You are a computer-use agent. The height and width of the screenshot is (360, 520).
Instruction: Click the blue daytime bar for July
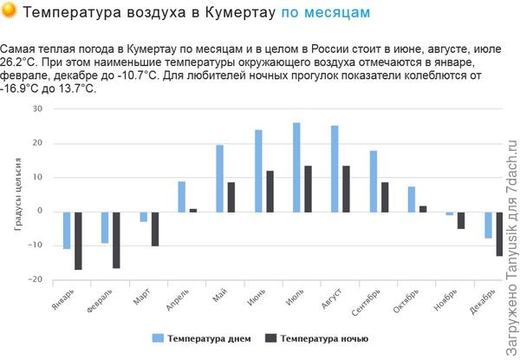(x=296, y=167)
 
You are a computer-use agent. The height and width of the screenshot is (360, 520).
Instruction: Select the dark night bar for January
(x=78, y=240)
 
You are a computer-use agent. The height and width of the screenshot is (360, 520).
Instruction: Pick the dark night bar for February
(x=116, y=239)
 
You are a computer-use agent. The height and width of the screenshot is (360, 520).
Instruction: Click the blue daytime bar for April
(x=181, y=196)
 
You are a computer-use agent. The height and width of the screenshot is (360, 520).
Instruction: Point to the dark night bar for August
(x=346, y=188)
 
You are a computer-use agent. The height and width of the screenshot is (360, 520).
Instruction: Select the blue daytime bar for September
(x=374, y=181)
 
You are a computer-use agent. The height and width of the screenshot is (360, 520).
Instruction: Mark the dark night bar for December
(x=499, y=233)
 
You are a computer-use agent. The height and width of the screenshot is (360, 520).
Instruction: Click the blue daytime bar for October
(x=412, y=199)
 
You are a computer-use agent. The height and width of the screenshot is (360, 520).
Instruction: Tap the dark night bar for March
(x=154, y=228)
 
